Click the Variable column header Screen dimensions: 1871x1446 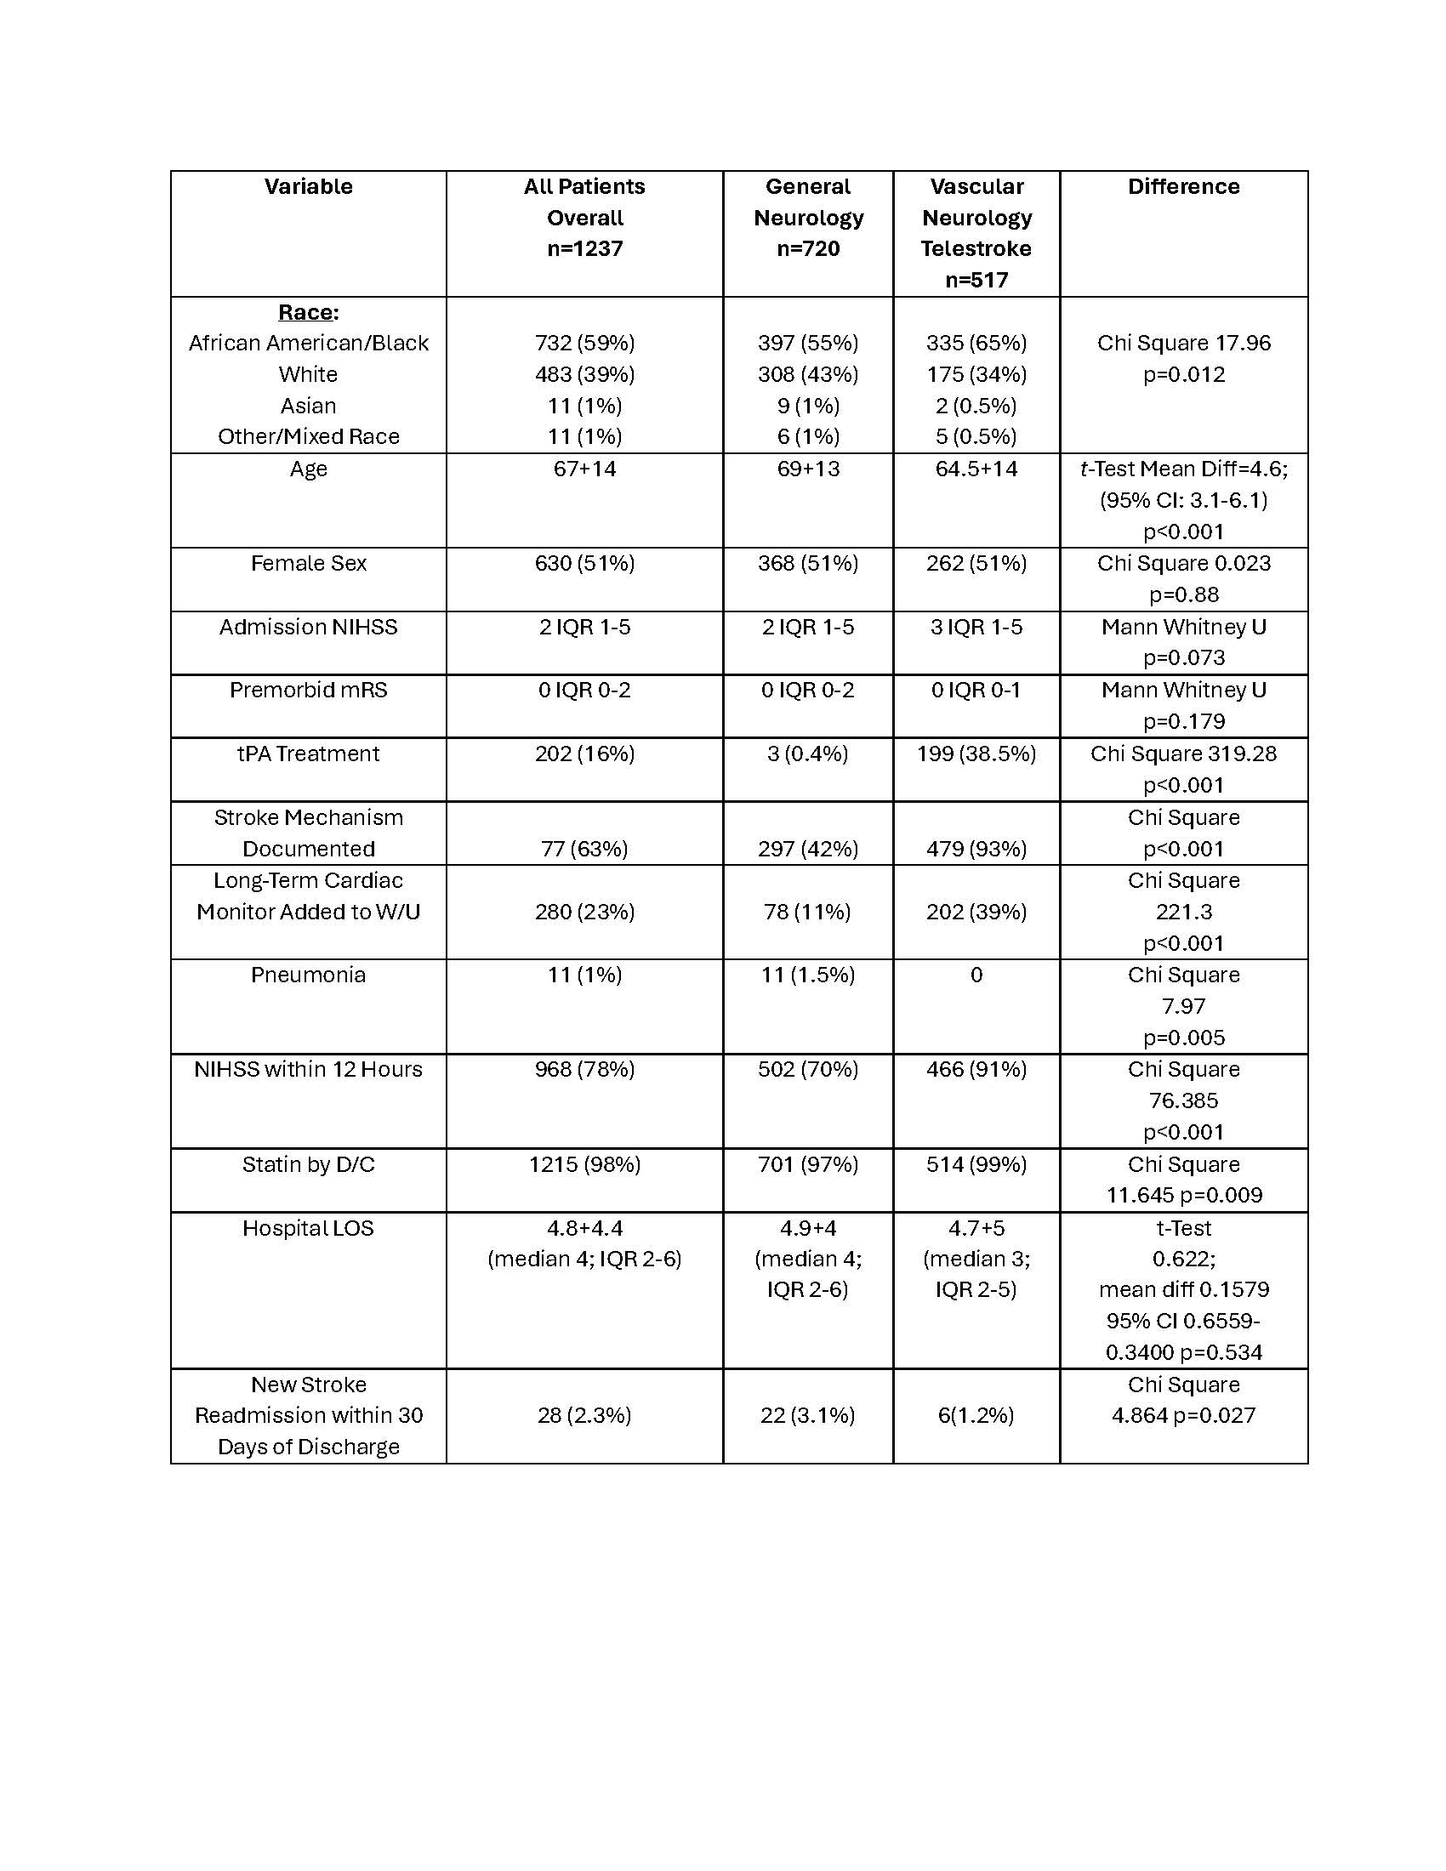click(309, 187)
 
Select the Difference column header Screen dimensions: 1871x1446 click(1183, 187)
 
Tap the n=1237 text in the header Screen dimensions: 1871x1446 click(584, 248)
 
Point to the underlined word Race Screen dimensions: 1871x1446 click(306, 312)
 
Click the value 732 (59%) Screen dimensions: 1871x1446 click(584, 343)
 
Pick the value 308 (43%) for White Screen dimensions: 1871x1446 click(808, 374)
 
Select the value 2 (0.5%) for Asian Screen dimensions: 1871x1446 click(976, 405)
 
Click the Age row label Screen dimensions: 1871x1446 click(309, 469)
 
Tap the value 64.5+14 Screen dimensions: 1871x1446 click(976, 469)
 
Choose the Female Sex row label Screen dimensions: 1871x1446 click(309, 563)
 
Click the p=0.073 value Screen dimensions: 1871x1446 click(1183, 658)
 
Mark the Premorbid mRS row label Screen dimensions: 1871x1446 click(309, 690)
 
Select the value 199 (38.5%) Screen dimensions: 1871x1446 click(976, 754)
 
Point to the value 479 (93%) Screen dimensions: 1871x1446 click(976, 849)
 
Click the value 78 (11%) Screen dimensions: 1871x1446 click(808, 912)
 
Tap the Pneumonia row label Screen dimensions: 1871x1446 click(309, 975)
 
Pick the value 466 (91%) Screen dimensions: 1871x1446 click(976, 1069)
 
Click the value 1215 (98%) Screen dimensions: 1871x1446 click(584, 1164)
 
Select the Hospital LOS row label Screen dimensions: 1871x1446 click(309, 1227)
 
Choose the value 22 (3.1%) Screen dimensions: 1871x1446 click(808, 1415)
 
